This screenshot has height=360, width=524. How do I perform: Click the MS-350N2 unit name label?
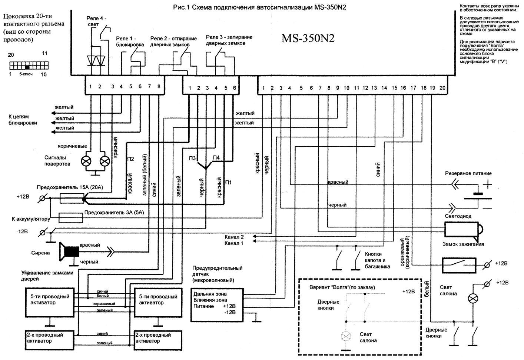(308, 39)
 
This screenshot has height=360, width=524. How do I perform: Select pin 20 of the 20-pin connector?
(442, 88)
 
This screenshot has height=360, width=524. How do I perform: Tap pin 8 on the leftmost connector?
(159, 87)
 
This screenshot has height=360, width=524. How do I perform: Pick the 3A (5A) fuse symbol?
(71, 217)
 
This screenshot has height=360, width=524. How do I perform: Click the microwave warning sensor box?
(217, 305)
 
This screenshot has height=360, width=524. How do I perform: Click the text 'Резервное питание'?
(468, 173)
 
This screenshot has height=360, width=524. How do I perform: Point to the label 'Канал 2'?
(234, 237)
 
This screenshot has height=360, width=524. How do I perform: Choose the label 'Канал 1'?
(234, 243)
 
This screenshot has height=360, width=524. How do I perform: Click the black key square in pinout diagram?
(27, 67)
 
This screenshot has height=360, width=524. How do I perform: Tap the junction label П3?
(192, 159)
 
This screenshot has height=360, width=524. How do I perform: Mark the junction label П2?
(130, 159)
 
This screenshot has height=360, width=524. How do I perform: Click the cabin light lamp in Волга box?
(346, 336)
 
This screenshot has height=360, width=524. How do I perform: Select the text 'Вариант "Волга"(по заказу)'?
(342, 287)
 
